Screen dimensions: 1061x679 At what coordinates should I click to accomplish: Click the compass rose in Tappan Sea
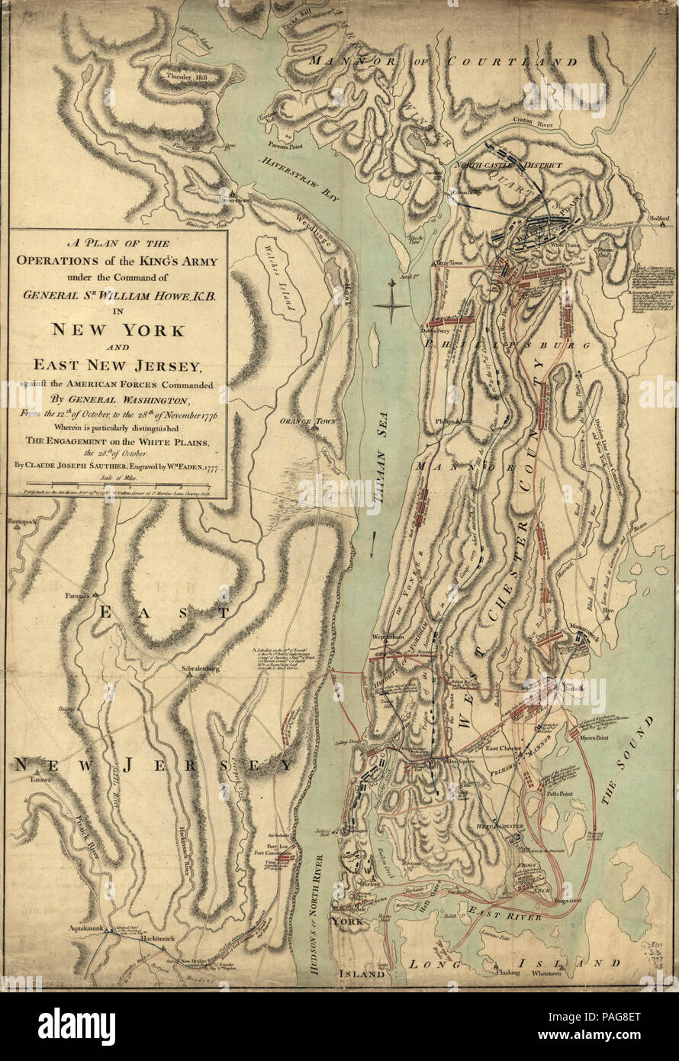(x=391, y=305)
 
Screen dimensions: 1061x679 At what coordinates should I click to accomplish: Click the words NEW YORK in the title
(x=117, y=331)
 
